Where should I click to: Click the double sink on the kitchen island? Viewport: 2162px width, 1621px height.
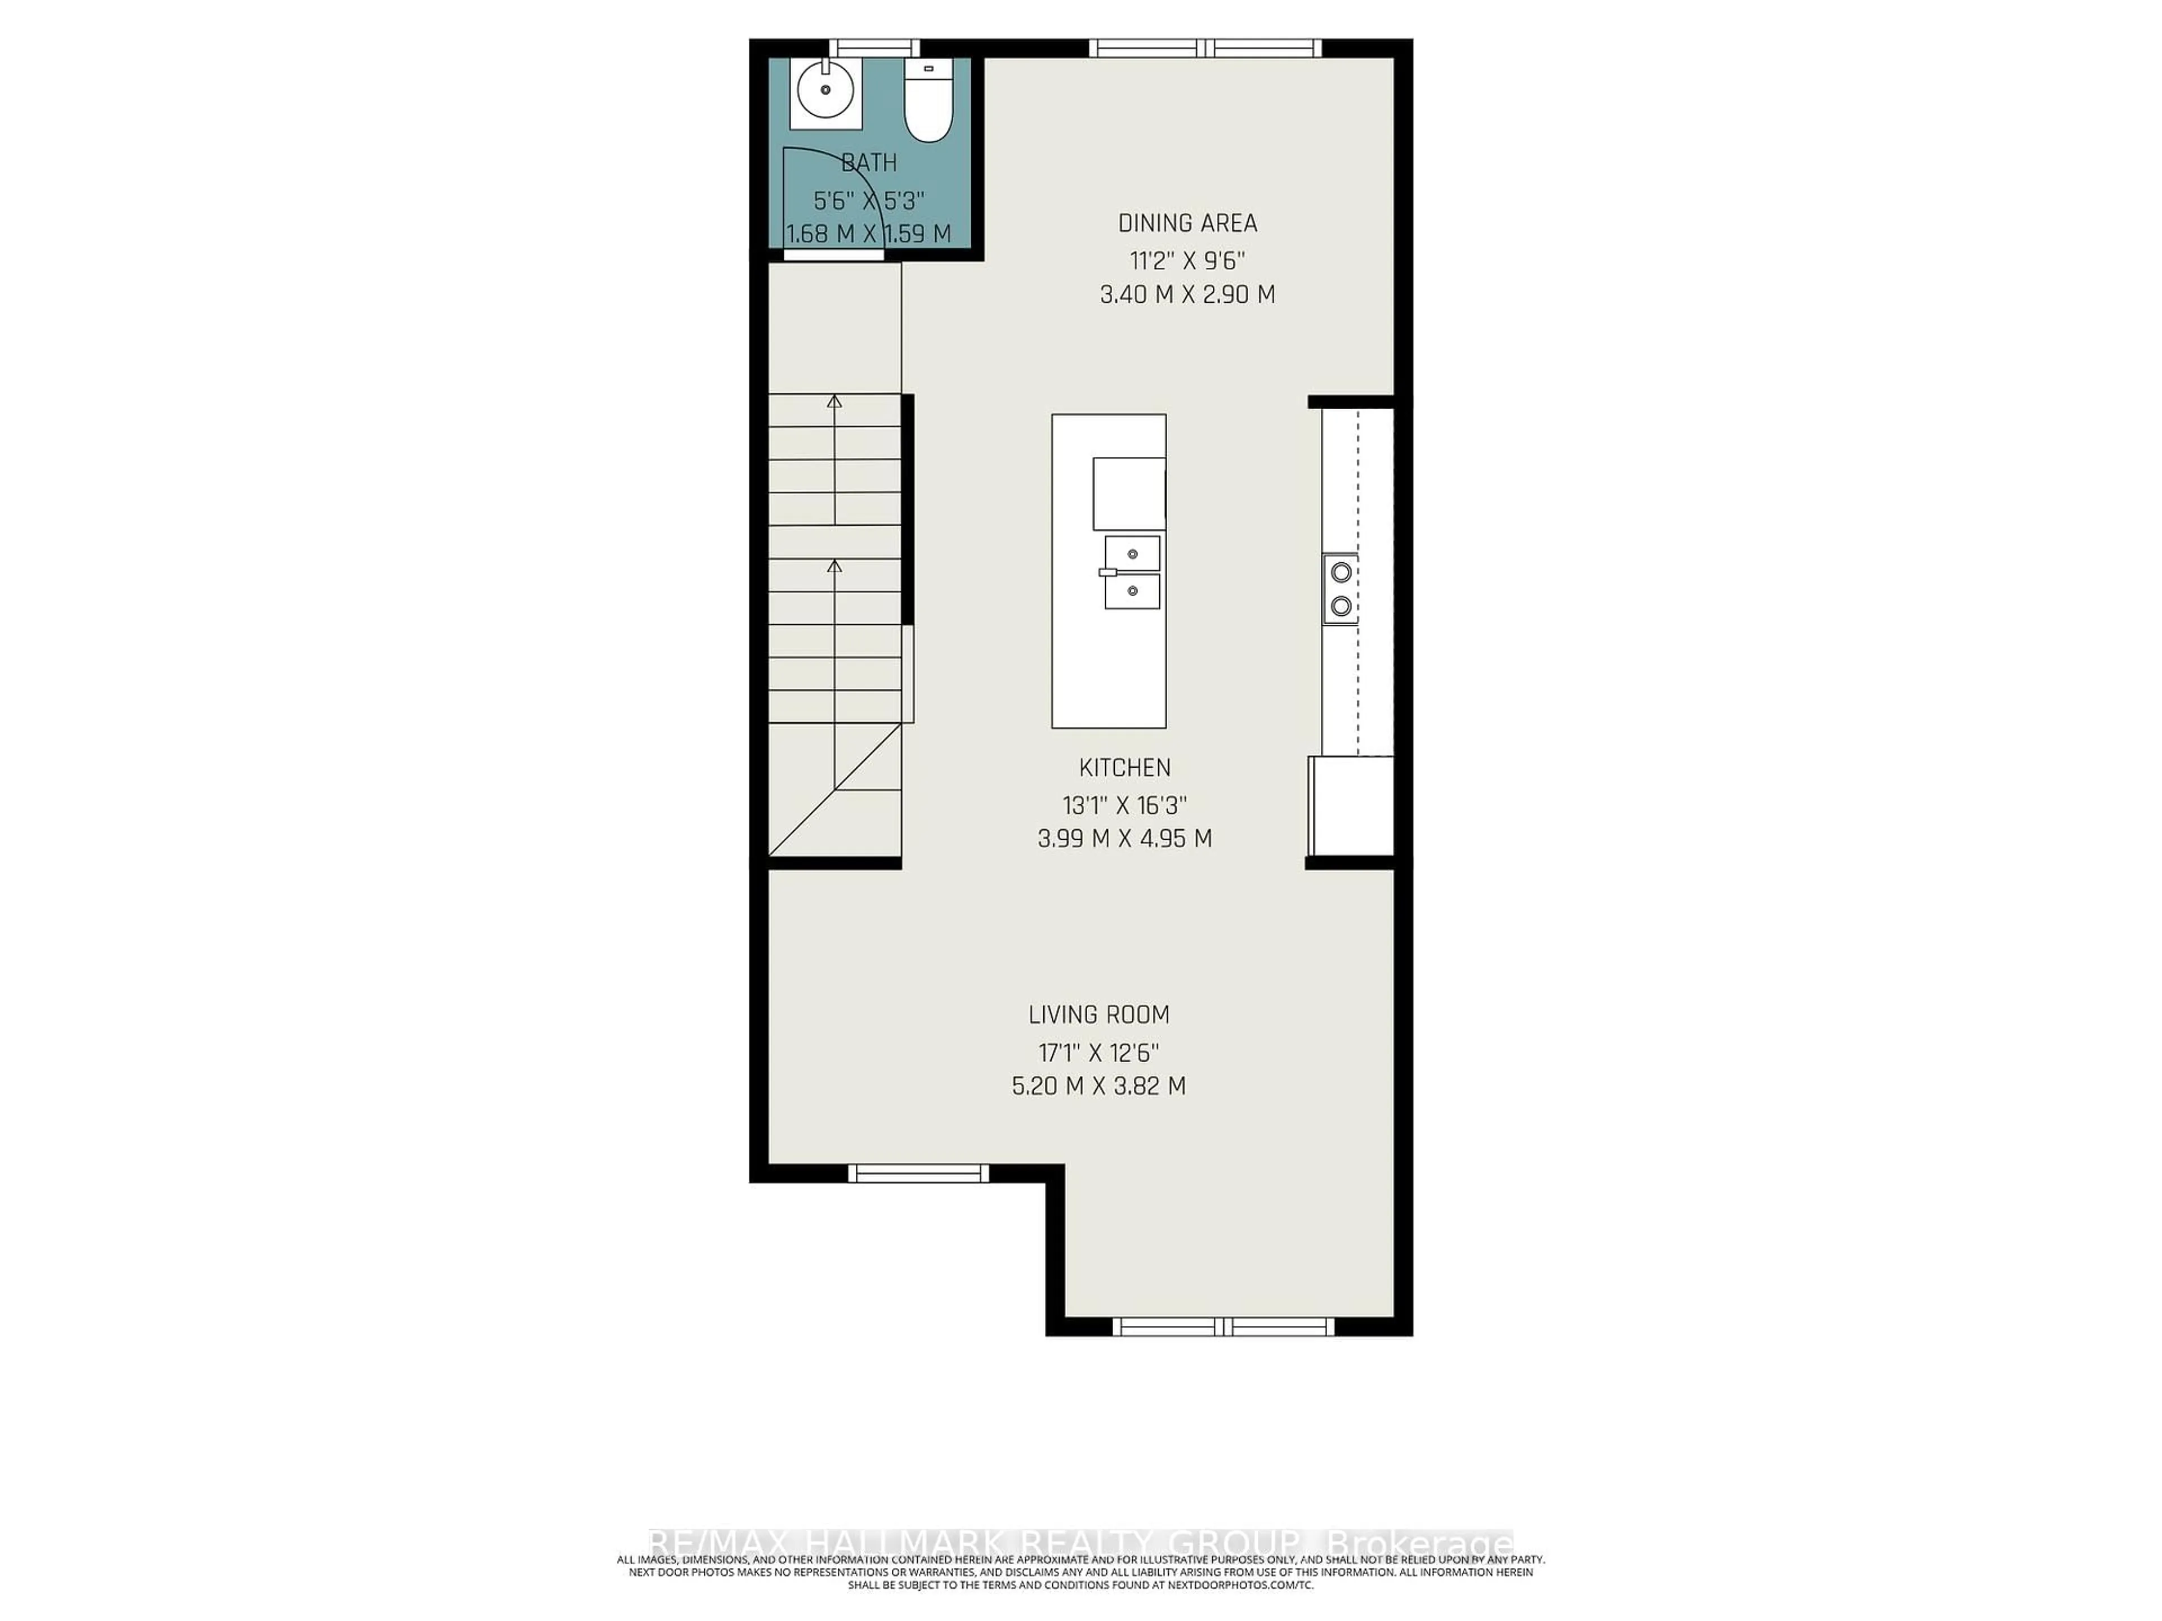[x=1132, y=572]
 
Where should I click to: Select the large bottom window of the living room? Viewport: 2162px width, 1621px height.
[x=1223, y=1326]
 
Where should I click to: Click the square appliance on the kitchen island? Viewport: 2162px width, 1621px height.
[x=1128, y=494]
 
